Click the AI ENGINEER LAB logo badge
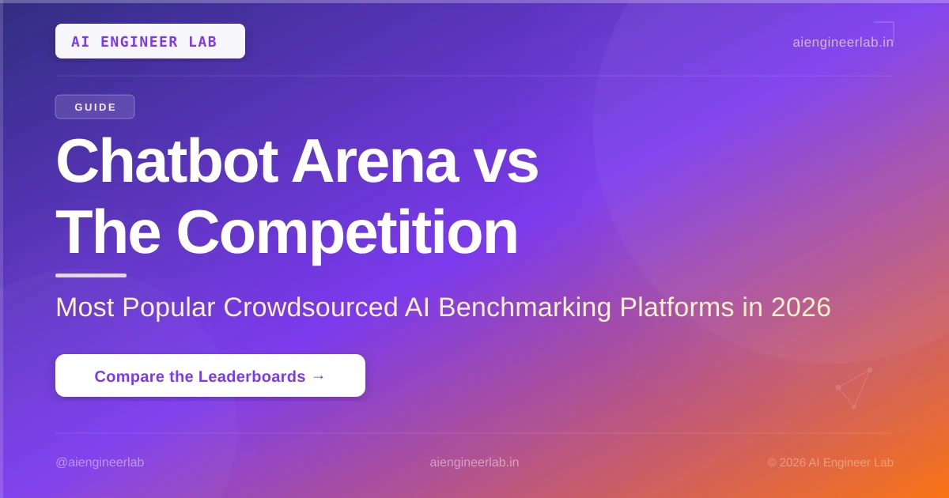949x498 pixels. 150,41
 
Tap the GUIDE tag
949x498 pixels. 95,107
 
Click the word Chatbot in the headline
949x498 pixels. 167,161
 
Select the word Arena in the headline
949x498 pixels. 375,161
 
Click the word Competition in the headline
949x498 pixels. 347,235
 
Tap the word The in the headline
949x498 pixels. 108,232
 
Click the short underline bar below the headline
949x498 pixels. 91,276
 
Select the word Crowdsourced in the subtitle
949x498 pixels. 311,307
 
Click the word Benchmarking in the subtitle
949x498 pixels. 524,307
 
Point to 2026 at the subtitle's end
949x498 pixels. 800,307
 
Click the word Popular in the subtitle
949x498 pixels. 168,307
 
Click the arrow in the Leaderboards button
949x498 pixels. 318,376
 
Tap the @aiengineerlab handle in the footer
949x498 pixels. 100,462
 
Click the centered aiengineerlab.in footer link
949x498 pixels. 474,462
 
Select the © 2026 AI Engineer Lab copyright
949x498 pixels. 830,462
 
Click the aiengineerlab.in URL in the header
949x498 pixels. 843,43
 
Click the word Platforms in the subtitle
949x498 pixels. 677,307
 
